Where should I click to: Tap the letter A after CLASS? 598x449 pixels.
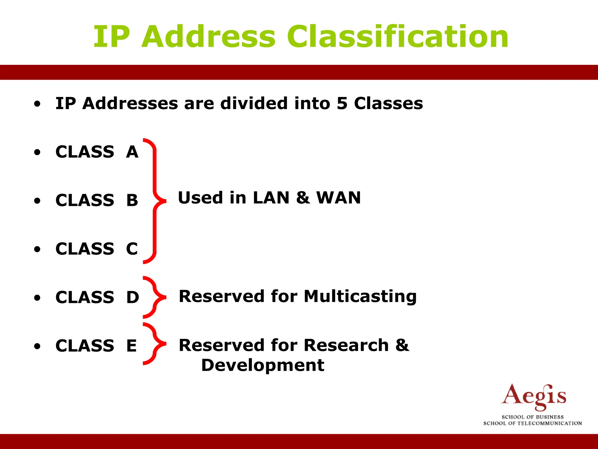tap(132, 152)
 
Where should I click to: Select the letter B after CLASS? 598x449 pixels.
tap(132, 201)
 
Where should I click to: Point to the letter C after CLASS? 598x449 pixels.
tap(132, 249)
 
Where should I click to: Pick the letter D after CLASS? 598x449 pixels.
tap(133, 298)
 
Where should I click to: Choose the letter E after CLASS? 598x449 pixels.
tap(131, 346)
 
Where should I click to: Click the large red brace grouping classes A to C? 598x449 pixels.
tap(155, 201)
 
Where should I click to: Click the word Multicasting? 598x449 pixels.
tap(360, 297)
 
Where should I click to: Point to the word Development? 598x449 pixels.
tap(263, 365)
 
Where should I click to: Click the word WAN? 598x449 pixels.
tap(339, 198)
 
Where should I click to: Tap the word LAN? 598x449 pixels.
tap(271, 198)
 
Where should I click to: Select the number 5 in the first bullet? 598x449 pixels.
tap(342, 103)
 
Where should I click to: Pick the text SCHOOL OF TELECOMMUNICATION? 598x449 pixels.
tap(533, 423)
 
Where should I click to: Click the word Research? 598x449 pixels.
tap(346, 345)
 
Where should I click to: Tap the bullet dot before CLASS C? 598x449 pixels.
tap(37, 249)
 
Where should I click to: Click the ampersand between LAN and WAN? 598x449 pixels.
tap(303, 198)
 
